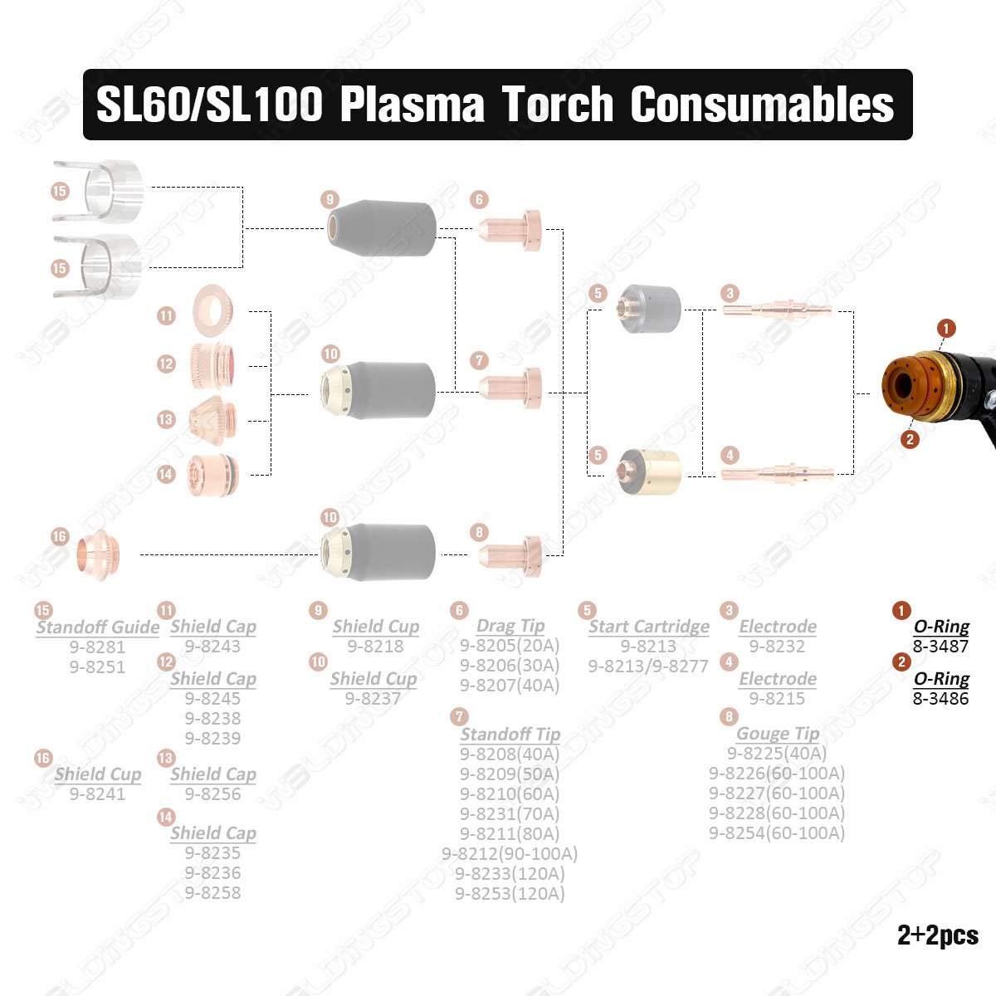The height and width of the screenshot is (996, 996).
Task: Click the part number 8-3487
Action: click(x=940, y=646)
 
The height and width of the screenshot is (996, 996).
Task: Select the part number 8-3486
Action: click(x=940, y=699)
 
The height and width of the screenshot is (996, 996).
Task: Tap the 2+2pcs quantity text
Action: click(x=938, y=935)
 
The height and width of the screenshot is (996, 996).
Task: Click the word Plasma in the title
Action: click(x=413, y=105)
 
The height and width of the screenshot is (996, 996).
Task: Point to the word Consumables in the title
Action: click(x=762, y=105)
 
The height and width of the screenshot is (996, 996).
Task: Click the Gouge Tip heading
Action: click(x=778, y=734)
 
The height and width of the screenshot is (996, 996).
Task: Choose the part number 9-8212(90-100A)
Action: click(x=510, y=854)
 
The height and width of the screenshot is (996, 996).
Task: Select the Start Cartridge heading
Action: click(x=649, y=627)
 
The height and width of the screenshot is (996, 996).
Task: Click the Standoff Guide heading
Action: click(x=98, y=627)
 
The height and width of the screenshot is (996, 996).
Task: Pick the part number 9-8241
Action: click(x=98, y=794)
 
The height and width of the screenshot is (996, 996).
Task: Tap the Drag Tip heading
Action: click(x=510, y=626)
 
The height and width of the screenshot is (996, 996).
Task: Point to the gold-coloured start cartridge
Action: click(x=649, y=472)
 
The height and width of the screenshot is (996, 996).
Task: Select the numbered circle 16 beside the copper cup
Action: click(x=60, y=536)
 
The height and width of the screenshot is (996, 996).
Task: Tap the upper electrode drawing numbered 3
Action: click(x=777, y=310)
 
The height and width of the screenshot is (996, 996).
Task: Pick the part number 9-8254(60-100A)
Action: click(x=777, y=833)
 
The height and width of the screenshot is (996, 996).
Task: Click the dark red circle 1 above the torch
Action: click(x=946, y=328)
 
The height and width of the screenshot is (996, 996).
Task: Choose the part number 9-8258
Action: click(x=213, y=893)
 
